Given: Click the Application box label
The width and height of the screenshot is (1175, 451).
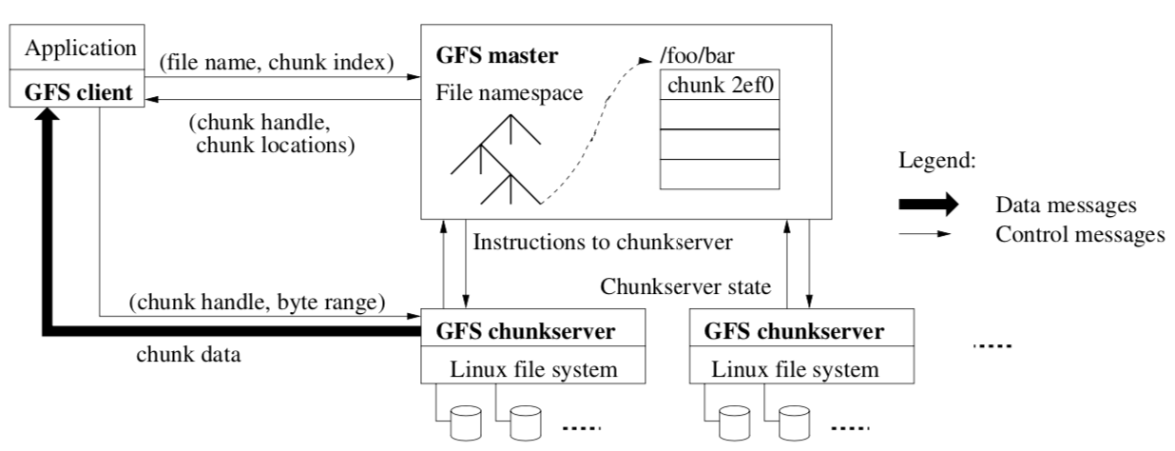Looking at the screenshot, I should coord(80,47).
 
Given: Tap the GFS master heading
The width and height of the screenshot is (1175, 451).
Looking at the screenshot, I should coord(495,55).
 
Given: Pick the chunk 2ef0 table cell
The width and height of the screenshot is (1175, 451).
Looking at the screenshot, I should coord(720,85).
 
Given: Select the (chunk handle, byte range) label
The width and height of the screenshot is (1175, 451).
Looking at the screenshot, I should coord(257,304).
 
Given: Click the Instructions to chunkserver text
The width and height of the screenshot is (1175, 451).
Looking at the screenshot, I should coord(602,242).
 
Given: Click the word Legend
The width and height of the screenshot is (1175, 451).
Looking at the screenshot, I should coord(937,161).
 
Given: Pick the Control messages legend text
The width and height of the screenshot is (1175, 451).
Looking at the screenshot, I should coord(1080,234).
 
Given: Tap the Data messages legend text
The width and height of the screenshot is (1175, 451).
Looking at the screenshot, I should coord(1067,205).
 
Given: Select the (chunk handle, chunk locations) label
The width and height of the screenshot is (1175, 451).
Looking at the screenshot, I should coord(272,135).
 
